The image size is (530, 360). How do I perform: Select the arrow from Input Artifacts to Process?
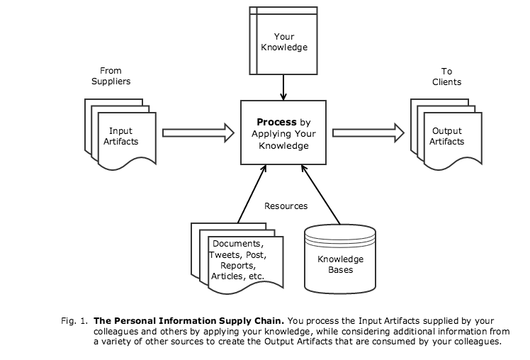pyautogui.click(x=198, y=132)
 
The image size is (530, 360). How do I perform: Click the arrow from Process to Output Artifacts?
pyautogui.click(x=368, y=132)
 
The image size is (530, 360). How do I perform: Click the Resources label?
pyautogui.click(x=286, y=206)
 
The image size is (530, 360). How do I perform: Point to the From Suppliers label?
pyautogui.click(x=111, y=76)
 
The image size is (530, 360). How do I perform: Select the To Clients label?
pyautogui.click(x=446, y=76)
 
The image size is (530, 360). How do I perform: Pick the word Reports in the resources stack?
pyautogui.click(x=237, y=265)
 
